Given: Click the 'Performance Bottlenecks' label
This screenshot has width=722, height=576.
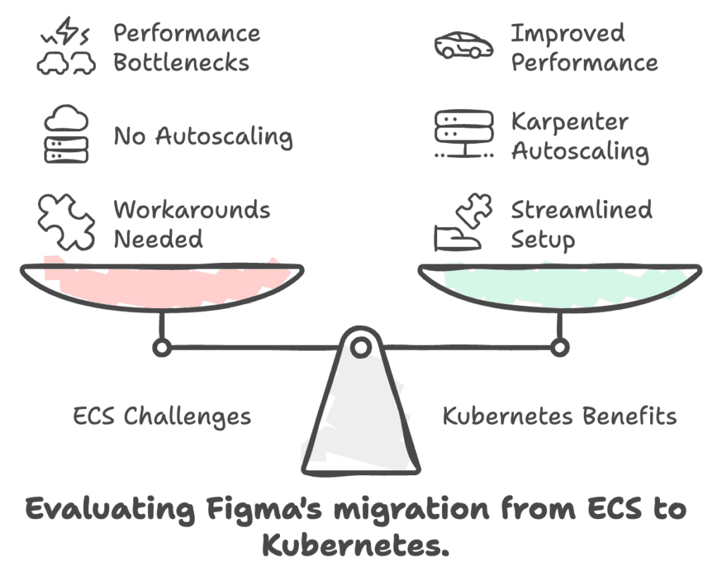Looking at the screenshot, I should coord(186,48).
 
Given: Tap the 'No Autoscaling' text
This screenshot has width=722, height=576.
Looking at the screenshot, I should coord(203,136).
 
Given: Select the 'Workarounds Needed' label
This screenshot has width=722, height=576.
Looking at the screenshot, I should coord(192,224).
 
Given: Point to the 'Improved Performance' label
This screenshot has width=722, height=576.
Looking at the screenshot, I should coord(585,48).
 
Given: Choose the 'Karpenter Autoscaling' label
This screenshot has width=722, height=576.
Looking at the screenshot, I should coord(580,136).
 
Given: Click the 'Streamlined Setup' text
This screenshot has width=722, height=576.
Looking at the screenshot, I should coord(582,224).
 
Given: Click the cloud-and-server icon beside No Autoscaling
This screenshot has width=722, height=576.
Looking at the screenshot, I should coord(66,136).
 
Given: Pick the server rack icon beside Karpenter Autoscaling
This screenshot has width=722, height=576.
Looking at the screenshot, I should coord(463,134).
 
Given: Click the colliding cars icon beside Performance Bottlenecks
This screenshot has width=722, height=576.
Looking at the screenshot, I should coord(66,48).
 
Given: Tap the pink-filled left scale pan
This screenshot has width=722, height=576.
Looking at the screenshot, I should coord(161,286).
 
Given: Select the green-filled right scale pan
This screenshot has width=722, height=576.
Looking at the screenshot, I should coord(561,286).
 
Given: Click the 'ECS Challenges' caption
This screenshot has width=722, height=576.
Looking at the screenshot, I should coord(162,416).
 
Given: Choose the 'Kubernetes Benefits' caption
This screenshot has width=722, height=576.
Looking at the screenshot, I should coord(560,416).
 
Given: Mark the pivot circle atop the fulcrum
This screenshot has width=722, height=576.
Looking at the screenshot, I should coord(361,346).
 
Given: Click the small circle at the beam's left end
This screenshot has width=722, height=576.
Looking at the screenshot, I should coord(162,347).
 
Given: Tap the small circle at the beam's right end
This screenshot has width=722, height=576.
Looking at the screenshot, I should coord(560,347).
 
